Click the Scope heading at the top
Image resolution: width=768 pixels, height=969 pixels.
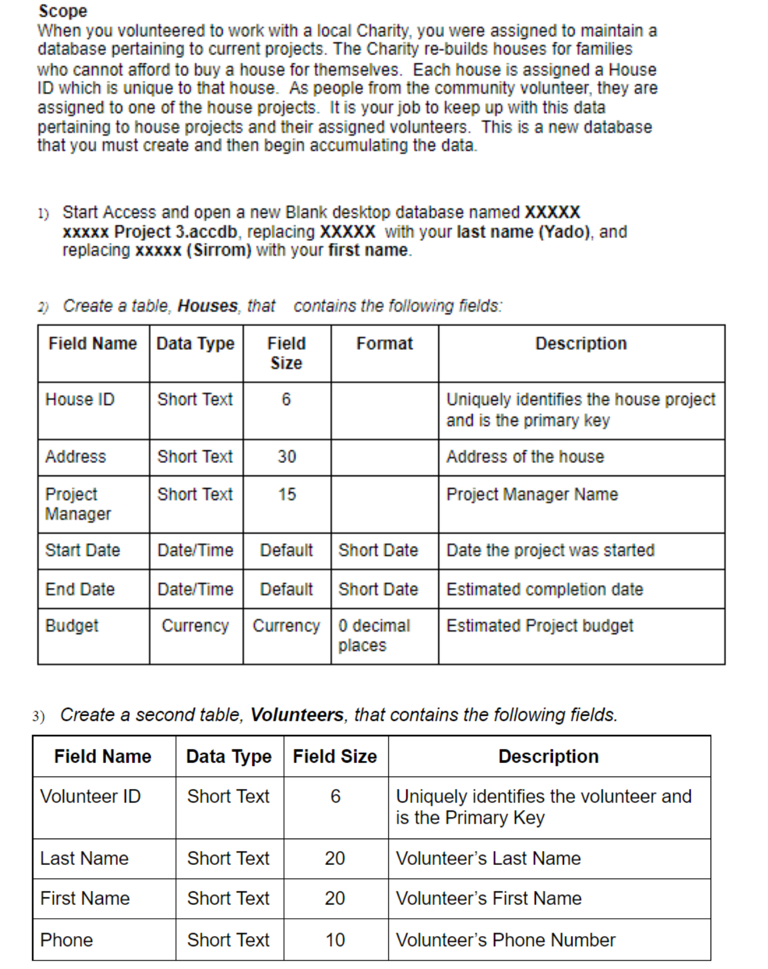(x=63, y=11)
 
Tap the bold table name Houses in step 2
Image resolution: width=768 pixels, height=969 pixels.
(x=208, y=306)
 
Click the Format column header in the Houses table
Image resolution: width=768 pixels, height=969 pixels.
(x=384, y=343)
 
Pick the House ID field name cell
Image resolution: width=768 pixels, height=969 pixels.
(x=80, y=399)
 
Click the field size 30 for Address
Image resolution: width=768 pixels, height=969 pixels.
(x=287, y=456)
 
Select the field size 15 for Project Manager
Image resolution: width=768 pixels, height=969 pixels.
(x=287, y=494)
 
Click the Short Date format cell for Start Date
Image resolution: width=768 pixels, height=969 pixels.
(x=378, y=550)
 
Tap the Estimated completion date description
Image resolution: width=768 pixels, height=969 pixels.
(x=544, y=589)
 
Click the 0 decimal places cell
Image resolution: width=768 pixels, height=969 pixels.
(x=374, y=635)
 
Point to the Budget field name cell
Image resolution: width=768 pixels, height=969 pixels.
(x=72, y=626)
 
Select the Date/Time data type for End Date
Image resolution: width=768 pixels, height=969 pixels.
(x=195, y=589)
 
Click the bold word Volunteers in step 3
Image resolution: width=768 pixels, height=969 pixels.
(x=297, y=715)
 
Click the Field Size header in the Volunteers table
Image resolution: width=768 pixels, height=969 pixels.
(x=334, y=756)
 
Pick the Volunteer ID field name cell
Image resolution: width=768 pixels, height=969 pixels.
(x=90, y=796)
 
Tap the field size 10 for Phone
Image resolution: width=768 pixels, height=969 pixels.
(x=335, y=940)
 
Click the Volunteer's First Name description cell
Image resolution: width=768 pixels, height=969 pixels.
(x=488, y=898)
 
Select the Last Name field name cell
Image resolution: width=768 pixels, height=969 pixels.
(x=84, y=858)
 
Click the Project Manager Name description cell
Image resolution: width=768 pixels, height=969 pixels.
(x=532, y=494)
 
